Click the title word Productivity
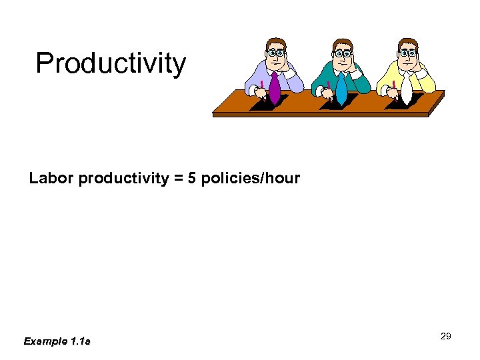coord(111,64)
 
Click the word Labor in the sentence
coord(51,179)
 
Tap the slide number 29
coord(446,336)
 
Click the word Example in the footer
coord(45,341)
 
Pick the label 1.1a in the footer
coord(80,341)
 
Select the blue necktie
coord(341,89)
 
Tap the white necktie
coord(406,89)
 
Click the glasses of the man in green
coord(343,53)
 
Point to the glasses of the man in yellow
coord(408,53)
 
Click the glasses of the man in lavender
coord(276,53)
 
